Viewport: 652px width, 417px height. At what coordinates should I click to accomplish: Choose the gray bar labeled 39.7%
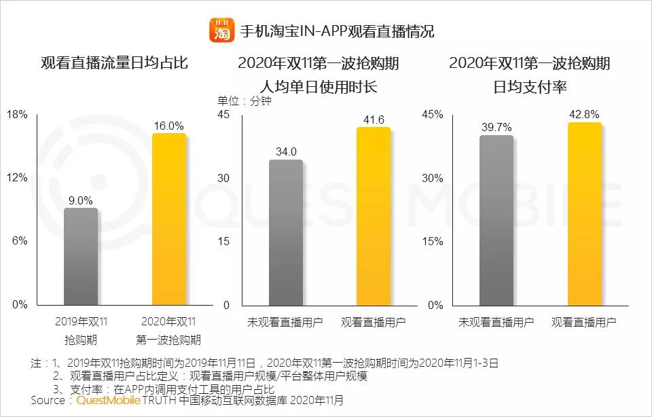click(x=496, y=220)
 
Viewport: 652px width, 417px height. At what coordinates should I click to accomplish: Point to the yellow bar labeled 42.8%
click(x=584, y=214)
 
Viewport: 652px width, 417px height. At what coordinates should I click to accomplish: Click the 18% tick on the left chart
click(x=17, y=115)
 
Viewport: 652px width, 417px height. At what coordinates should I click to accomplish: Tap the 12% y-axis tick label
click(x=17, y=178)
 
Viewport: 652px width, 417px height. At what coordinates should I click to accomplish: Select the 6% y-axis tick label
click(x=20, y=241)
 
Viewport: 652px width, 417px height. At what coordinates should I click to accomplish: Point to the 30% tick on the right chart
click(x=433, y=178)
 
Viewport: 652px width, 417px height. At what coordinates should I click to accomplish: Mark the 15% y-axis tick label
click(x=433, y=241)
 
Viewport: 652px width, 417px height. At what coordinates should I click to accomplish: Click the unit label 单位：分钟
click(x=244, y=101)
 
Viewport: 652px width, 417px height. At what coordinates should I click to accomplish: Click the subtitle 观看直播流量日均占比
click(x=114, y=64)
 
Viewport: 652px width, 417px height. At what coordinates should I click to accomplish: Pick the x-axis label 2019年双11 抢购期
click(x=81, y=330)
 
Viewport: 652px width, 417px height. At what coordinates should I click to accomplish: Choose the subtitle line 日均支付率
click(x=530, y=87)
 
